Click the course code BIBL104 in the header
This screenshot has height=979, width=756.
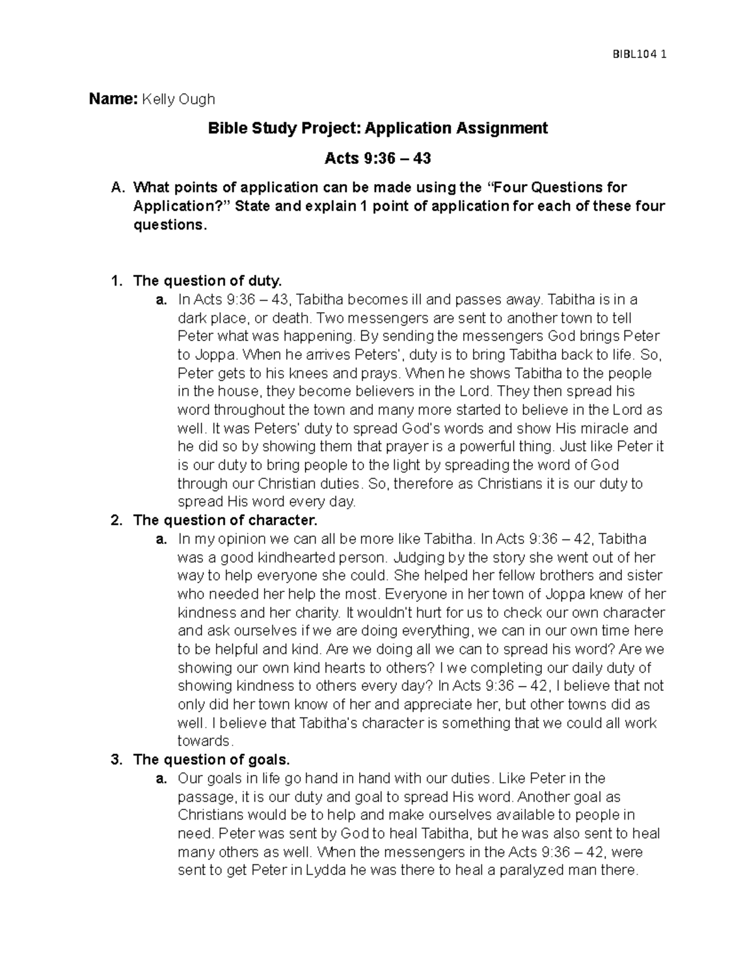coord(634,54)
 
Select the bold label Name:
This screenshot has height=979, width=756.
coord(113,99)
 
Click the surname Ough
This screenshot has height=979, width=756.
coord(196,100)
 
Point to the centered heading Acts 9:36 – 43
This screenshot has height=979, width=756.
coord(377,158)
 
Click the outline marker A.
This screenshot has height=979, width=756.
coord(116,188)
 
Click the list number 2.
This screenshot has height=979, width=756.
coord(115,521)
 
